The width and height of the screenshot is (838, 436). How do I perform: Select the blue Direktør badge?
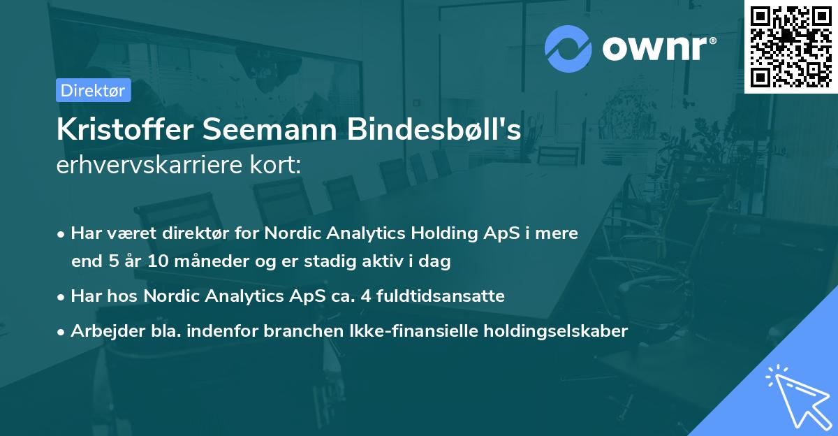[x=93, y=89]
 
